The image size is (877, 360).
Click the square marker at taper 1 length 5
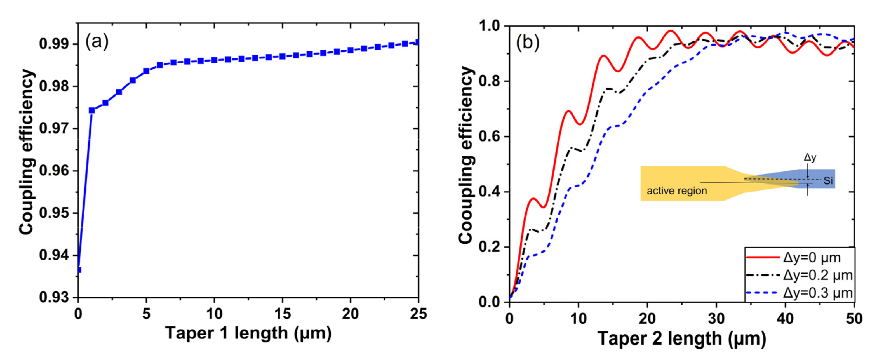click(146, 71)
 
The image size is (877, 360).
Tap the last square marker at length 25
click(417, 43)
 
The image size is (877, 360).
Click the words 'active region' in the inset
click(677, 191)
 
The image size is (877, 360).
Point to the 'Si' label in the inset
click(828, 181)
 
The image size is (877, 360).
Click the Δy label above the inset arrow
click(810, 157)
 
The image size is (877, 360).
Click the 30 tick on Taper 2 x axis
click(716, 319)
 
